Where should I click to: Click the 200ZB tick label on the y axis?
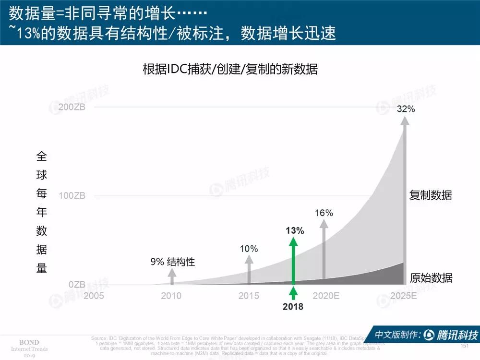point(72,107)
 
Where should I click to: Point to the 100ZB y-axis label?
point(72,196)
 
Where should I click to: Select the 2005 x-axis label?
point(94,296)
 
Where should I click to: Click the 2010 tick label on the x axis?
point(171,296)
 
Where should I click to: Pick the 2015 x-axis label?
point(249,296)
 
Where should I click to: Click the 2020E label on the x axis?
point(326,296)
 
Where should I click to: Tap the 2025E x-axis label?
point(404,296)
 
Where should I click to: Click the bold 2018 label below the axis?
point(293,306)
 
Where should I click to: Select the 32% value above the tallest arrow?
point(406,109)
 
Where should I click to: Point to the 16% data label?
point(324,213)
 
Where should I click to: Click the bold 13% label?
point(294,230)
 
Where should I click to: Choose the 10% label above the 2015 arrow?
point(249,249)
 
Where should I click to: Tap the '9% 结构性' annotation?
point(173,262)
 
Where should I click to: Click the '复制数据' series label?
point(431,195)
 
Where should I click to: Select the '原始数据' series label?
point(431,278)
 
